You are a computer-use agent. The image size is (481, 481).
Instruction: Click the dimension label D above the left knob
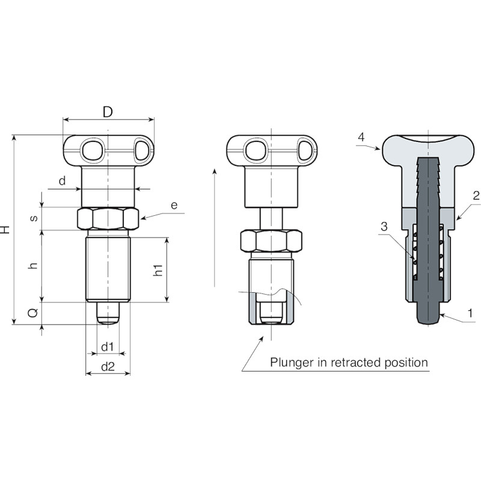[x=108, y=112]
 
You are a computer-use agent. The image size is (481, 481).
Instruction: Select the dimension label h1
[x=158, y=270]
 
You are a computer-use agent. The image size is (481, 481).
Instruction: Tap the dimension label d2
[x=108, y=367]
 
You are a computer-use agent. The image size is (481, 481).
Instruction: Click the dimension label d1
[x=108, y=347]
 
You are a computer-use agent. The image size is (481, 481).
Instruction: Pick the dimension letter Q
[x=32, y=313]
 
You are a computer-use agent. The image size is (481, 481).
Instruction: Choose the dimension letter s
[x=34, y=218]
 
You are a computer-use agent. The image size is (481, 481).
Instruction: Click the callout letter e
[x=174, y=205]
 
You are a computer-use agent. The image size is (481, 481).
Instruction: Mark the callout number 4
[x=362, y=137]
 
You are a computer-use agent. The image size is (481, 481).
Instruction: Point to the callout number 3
[x=384, y=227]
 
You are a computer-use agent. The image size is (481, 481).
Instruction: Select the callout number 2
[x=476, y=195]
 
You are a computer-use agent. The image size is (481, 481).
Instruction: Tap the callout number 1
[x=470, y=313]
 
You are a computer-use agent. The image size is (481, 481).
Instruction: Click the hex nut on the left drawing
[x=108, y=218]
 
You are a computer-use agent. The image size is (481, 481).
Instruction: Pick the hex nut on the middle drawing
[x=271, y=241]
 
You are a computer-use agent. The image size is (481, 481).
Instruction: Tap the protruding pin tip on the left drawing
[x=108, y=313]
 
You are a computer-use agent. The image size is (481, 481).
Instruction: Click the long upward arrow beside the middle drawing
[x=215, y=228]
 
